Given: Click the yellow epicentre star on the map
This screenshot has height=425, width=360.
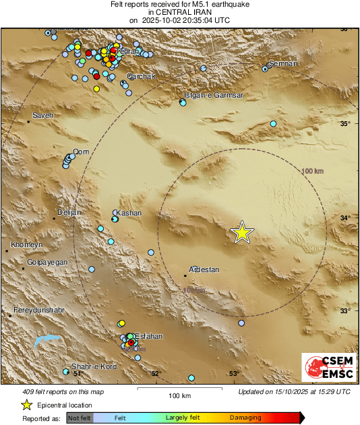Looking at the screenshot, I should pos(242,232).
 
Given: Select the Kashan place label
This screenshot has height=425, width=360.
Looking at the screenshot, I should pos(129,213).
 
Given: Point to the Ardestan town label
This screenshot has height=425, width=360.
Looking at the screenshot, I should pos(203,269).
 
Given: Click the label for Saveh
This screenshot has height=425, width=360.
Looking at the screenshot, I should pos(42,115).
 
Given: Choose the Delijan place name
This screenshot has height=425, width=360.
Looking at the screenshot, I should pos(68,212).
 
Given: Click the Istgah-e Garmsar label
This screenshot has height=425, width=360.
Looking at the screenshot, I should pos(214,95).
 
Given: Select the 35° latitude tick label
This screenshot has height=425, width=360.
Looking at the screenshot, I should pos(344,124).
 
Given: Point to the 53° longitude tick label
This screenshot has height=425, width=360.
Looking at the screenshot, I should pos(234,374).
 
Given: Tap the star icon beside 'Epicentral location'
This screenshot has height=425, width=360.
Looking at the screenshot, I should pos(26,405).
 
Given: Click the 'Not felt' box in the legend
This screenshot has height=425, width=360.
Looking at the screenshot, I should pos(80,418).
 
